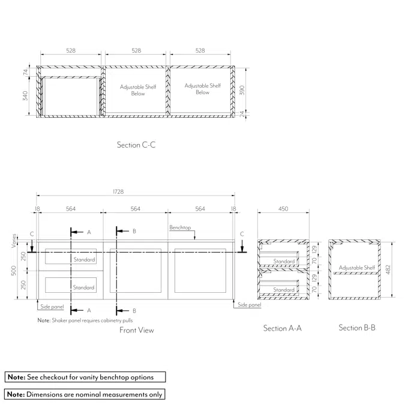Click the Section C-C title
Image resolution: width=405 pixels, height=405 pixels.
[136, 145]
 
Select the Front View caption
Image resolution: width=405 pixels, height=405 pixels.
[136, 330]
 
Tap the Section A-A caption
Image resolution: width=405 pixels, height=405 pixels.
[282, 328]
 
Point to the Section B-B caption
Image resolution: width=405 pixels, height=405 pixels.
[357, 328]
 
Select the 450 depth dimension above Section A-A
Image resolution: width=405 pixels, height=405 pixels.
[283, 209]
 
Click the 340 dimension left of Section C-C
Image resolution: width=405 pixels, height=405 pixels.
[25, 96]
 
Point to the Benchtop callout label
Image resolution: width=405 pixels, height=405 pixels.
[179, 228]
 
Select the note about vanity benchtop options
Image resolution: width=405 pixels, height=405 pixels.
[85, 377]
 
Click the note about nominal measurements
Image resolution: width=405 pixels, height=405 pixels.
[85, 394]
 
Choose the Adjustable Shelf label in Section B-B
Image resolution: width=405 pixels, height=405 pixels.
[357, 268]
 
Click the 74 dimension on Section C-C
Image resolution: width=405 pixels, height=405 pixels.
[25, 72]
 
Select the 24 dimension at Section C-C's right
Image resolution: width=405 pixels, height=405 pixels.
[242, 113]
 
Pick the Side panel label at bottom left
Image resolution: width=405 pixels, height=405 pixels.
[52, 307]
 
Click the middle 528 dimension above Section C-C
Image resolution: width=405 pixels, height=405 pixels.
[136, 51]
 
